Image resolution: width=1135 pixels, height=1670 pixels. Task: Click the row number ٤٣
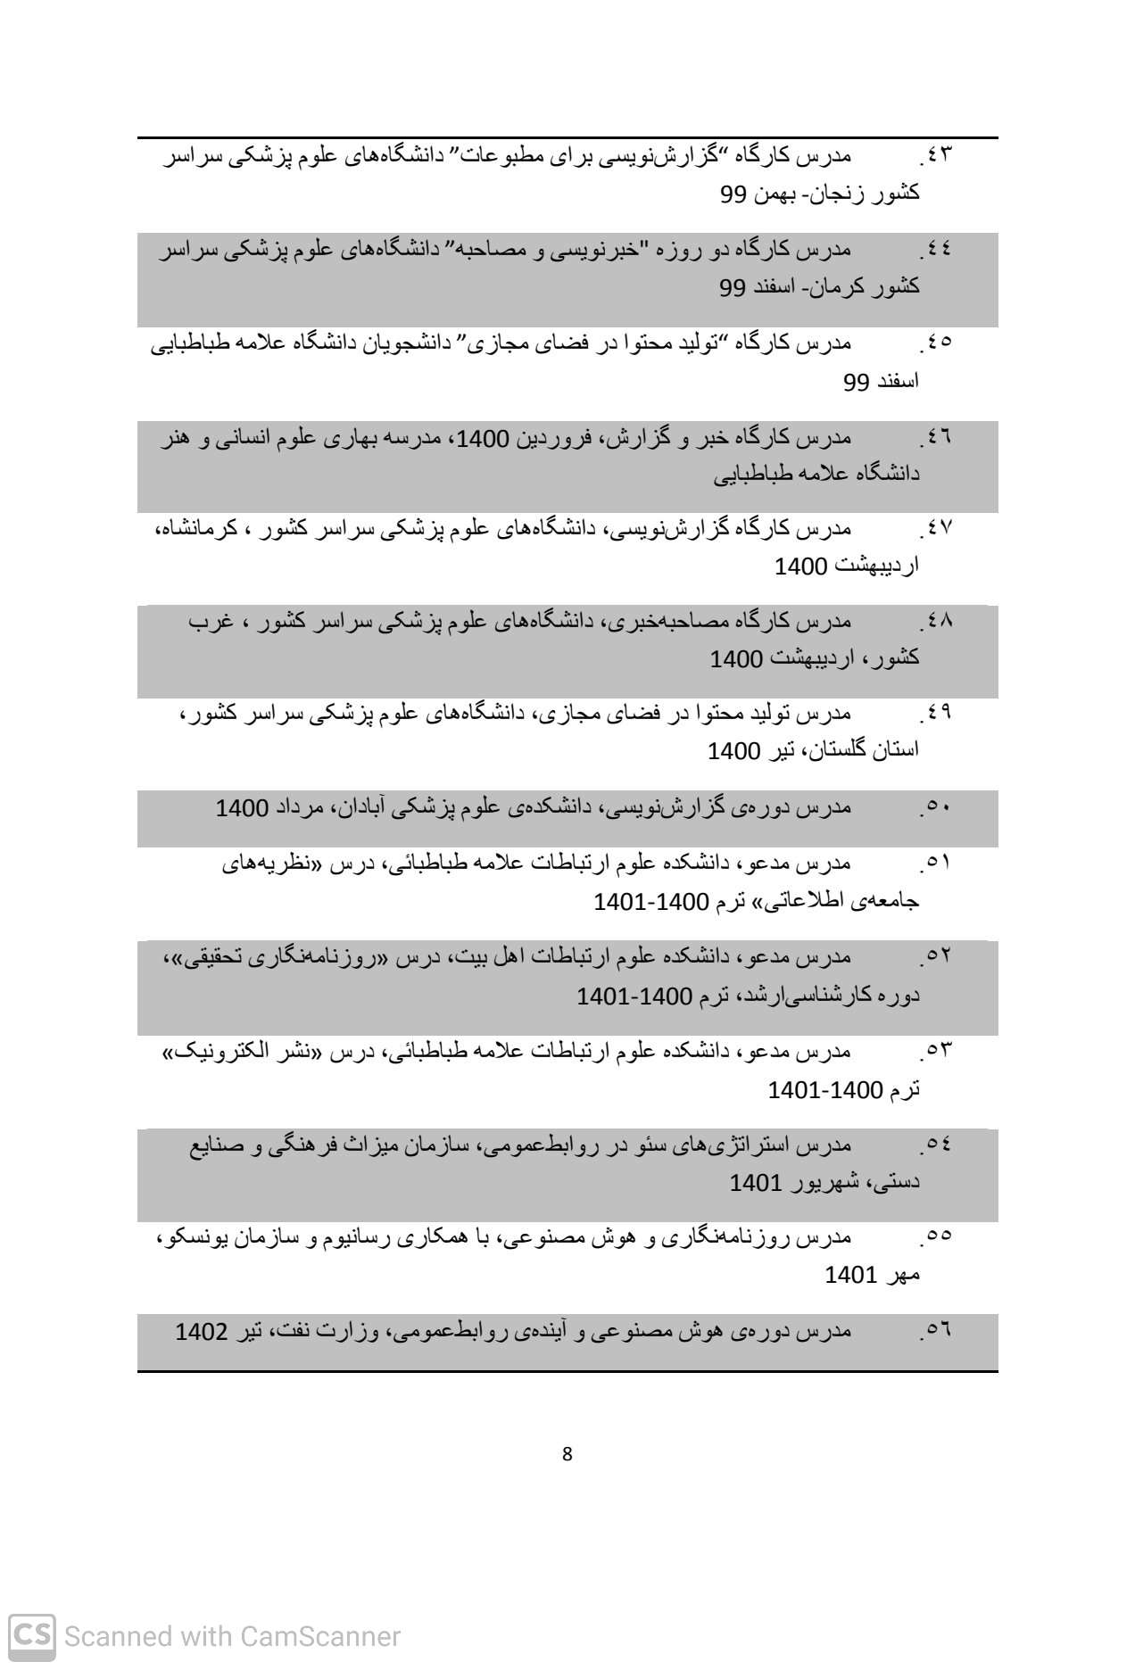point(940,155)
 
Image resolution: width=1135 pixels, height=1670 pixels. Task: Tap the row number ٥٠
point(940,808)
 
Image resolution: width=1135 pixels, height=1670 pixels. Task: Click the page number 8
point(567,1454)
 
